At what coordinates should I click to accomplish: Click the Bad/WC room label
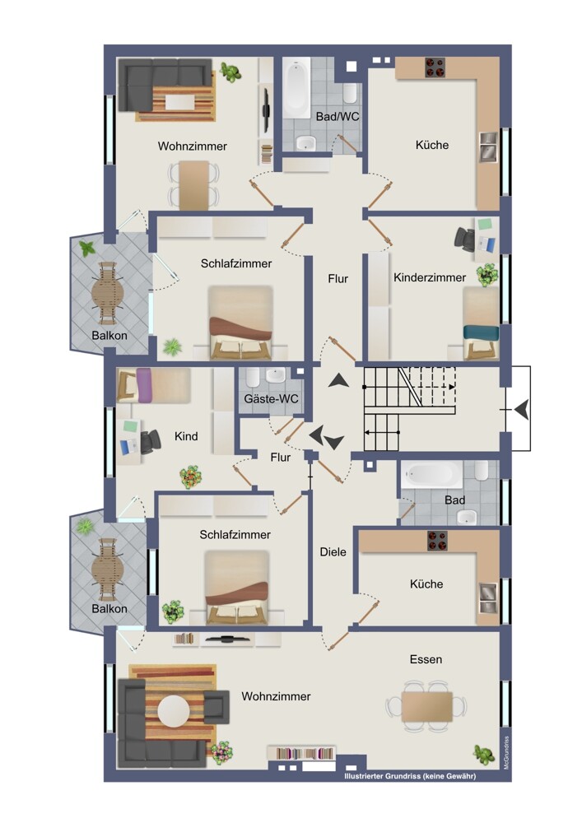click(338, 117)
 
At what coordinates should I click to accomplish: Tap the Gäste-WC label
click(271, 399)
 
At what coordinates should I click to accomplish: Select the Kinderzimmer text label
click(430, 277)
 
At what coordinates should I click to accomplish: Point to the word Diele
click(333, 551)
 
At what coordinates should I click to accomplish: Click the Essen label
click(426, 659)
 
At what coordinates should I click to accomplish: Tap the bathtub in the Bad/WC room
click(296, 88)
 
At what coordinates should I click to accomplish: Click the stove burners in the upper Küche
click(435, 67)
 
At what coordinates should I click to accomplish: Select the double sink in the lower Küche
click(487, 597)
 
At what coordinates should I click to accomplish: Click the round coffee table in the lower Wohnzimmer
click(174, 711)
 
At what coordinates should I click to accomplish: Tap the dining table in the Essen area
click(426, 706)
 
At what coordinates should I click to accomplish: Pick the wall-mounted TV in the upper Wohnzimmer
click(266, 110)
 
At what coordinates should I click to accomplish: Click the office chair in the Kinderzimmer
click(464, 237)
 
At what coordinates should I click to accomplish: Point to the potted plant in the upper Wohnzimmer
click(230, 72)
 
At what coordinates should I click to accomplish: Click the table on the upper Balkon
click(108, 294)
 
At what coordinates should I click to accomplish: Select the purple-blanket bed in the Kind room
click(153, 384)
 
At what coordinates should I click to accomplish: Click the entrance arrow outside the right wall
click(521, 409)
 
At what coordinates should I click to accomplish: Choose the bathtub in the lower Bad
click(432, 475)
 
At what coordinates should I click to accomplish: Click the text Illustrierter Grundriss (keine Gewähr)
click(410, 776)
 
